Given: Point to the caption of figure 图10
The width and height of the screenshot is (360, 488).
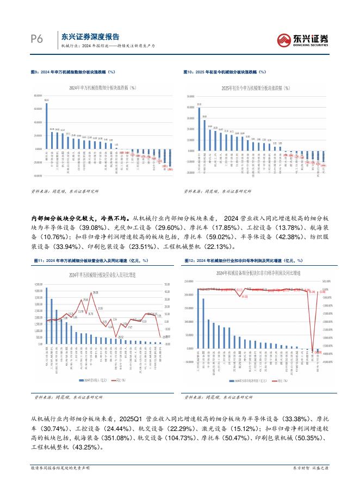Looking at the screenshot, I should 225,71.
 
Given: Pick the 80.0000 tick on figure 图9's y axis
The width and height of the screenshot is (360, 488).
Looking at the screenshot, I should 38,95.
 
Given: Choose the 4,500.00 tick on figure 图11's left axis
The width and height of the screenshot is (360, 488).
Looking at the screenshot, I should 38,284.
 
